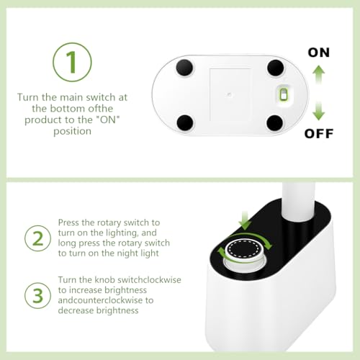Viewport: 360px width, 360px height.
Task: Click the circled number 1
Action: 72,62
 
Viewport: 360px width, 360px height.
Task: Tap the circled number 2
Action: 37,238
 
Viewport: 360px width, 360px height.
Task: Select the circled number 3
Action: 37,295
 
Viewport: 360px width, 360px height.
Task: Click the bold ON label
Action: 319,53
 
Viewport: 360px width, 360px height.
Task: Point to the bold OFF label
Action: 319,133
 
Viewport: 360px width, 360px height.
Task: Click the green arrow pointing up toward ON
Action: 319,74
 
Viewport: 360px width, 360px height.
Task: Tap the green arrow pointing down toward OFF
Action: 319,111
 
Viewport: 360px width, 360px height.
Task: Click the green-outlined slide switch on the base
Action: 284,94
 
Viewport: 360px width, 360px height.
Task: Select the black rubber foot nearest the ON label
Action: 276,68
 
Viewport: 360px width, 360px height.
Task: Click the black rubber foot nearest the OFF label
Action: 275,123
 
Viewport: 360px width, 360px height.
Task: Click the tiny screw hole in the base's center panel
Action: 230,94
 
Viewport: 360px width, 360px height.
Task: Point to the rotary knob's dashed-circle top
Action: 243,249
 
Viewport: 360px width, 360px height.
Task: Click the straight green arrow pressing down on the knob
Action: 245,220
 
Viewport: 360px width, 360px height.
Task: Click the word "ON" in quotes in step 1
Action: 108,120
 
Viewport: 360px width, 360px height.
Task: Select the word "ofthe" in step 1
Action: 101,109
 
